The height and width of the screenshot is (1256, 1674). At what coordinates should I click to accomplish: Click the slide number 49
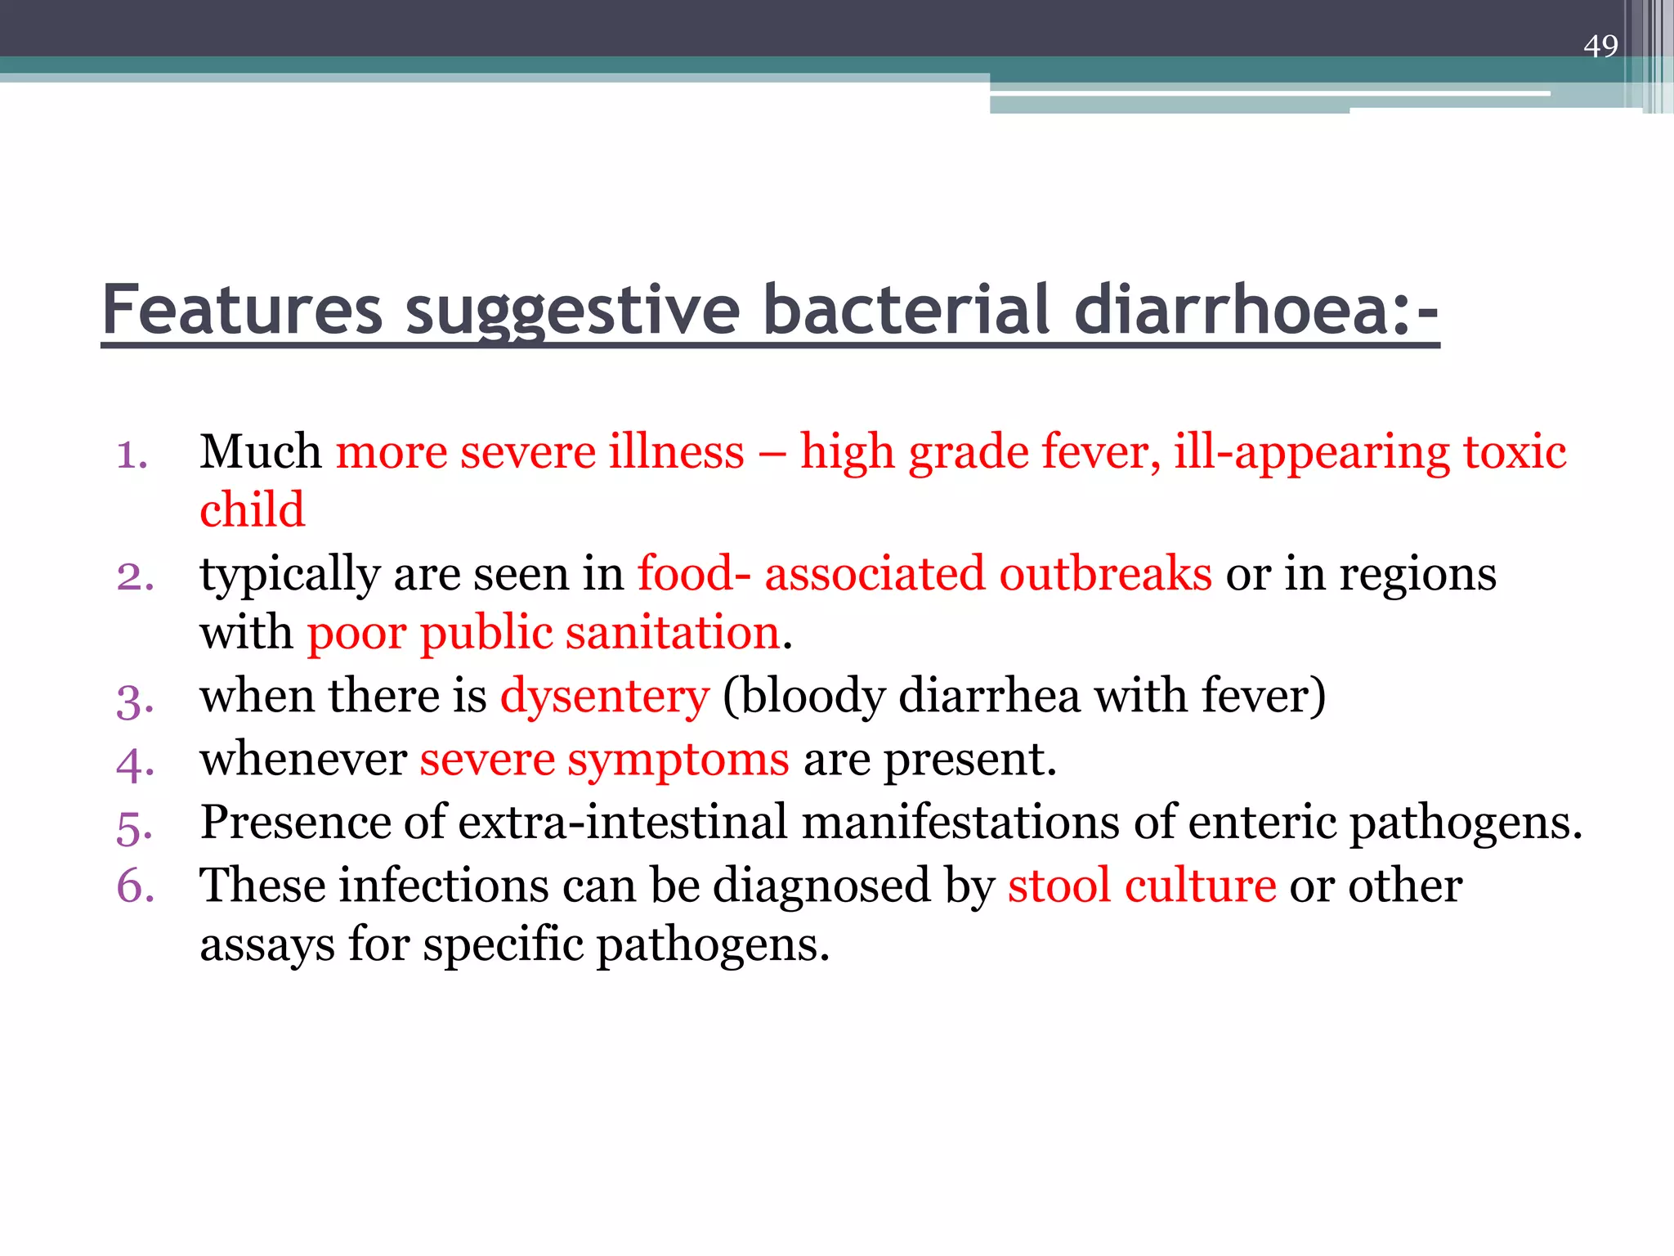(1600, 46)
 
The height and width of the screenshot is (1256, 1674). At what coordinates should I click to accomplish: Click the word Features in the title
(242, 311)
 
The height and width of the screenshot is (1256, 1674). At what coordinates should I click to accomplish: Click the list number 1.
(132, 455)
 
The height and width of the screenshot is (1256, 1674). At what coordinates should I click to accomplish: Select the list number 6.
(136, 886)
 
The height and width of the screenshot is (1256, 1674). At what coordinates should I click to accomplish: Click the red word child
(252, 510)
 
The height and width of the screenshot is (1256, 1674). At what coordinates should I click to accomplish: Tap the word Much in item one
(261, 451)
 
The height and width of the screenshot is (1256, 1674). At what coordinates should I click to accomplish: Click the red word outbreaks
(1105, 573)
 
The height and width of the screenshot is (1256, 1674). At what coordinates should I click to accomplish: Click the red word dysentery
(605, 697)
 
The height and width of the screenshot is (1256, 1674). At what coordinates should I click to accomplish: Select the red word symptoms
(678, 760)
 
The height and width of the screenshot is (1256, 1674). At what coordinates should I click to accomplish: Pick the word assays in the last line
(266, 945)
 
